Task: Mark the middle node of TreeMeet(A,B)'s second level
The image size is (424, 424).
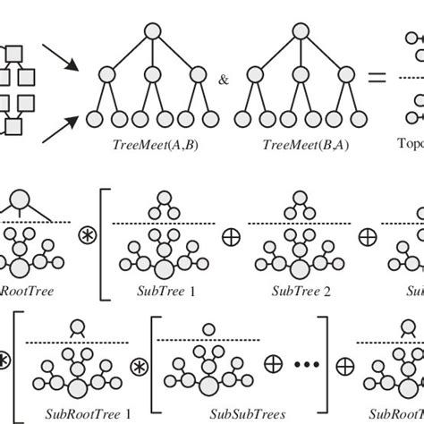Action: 152,74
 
